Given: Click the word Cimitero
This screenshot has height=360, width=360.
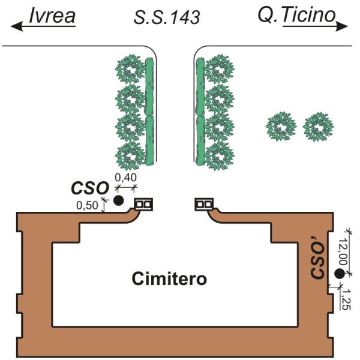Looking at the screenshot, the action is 169,278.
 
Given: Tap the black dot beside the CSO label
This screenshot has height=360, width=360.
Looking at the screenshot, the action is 119,200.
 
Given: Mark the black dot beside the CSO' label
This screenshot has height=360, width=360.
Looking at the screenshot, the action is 340,274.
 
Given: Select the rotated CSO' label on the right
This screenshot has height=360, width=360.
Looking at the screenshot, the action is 319,261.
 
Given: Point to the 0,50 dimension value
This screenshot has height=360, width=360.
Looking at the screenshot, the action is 88,206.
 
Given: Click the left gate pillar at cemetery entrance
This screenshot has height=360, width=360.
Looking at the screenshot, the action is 143,205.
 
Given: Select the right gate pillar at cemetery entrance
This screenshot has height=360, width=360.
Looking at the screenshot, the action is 204,205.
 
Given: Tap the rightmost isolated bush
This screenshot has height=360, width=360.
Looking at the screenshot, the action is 318,127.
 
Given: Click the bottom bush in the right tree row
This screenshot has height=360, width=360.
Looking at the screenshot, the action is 218,155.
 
